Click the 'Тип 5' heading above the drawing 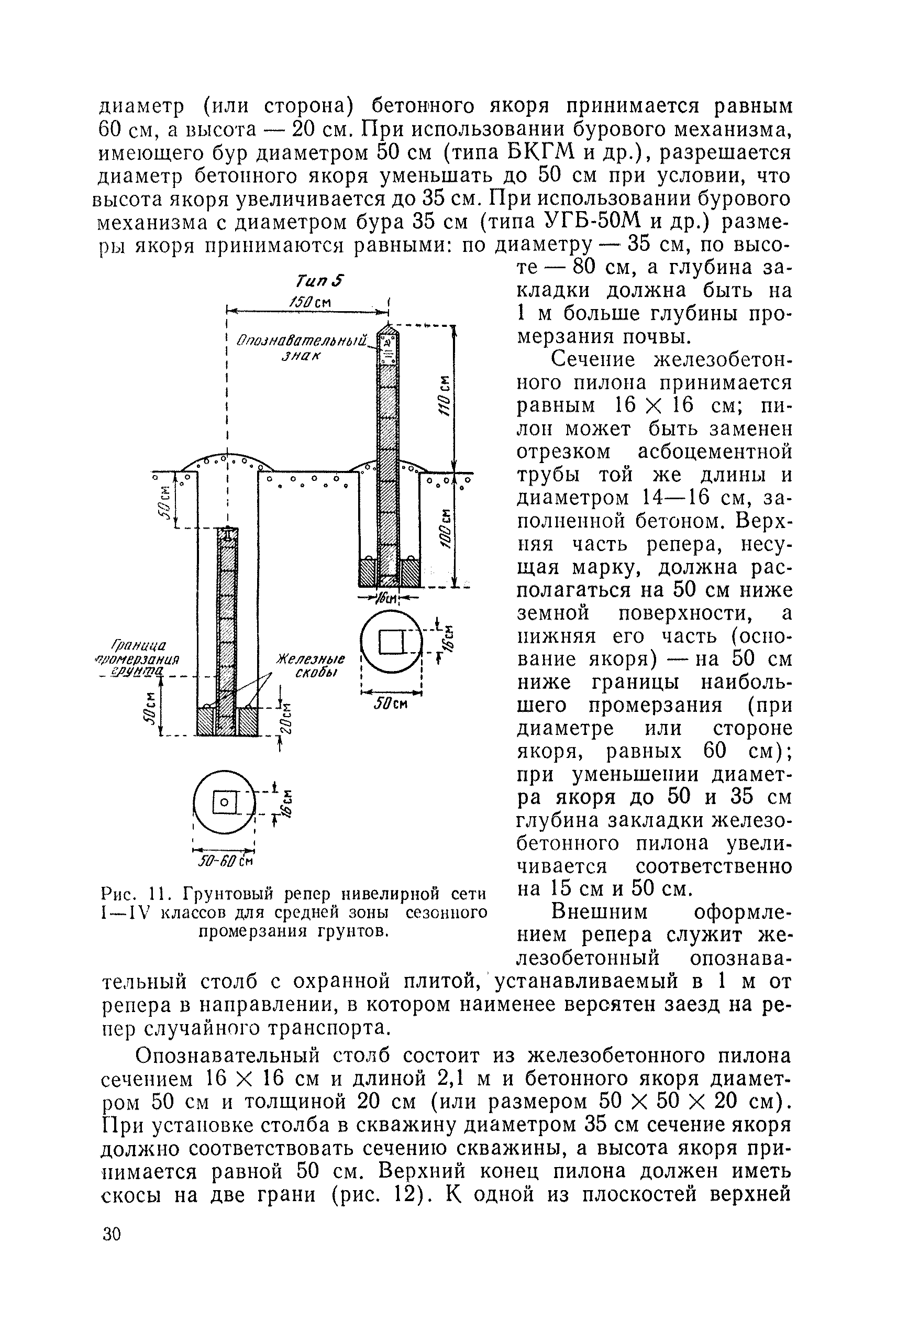(x=320, y=281)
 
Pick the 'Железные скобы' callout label (x=312, y=666)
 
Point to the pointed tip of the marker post (x=388, y=328)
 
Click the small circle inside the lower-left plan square (x=224, y=803)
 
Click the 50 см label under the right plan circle (x=391, y=704)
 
